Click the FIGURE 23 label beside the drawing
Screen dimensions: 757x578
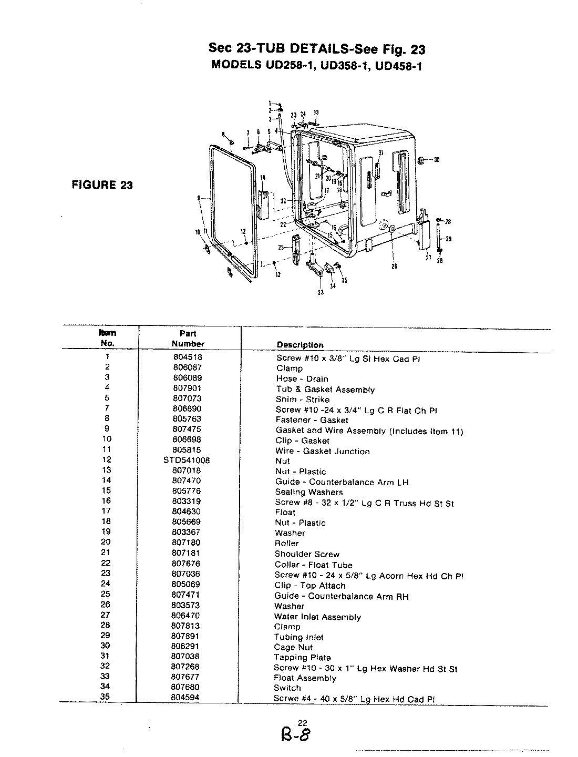coord(102,185)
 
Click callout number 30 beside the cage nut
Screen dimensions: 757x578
coord(436,160)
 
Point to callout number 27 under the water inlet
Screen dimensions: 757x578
coord(428,258)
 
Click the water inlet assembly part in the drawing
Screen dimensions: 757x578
coord(423,231)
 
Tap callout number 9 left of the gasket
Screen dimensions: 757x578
coord(199,198)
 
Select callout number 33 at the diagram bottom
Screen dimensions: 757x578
coord(321,293)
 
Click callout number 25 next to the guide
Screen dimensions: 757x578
coord(281,247)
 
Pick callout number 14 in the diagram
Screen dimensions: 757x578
coord(263,177)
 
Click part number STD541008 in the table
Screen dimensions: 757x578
coord(187,461)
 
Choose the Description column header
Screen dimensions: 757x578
coord(300,345)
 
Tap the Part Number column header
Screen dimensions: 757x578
coord(188,339)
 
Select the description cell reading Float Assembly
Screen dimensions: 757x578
coord(305,678)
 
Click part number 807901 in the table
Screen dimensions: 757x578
coord(187,388)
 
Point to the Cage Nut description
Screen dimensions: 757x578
coord(293,647)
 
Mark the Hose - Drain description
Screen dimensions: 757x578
coord(302,378)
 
